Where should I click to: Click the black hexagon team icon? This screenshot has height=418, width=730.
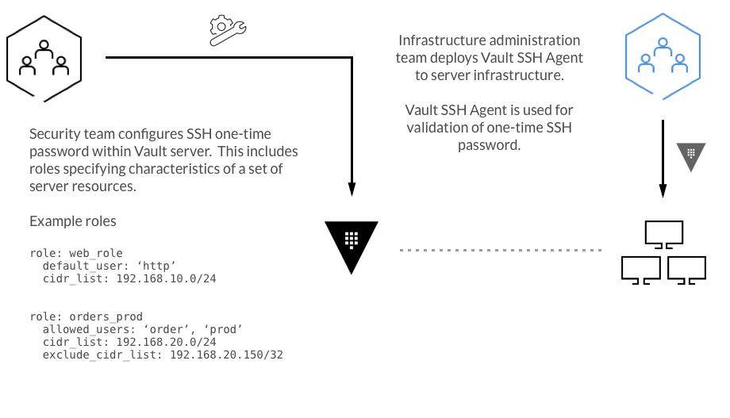pos(43,57)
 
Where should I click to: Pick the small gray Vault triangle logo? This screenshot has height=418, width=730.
pos(690,155)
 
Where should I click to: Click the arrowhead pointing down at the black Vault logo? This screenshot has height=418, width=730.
pos(351,188)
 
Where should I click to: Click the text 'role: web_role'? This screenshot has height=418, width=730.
pos(76,253)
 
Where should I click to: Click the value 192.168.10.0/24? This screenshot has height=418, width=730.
pos(167,278)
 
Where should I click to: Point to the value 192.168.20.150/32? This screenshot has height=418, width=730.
pos(226,355)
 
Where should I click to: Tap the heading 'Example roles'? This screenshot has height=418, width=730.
pos(73,221)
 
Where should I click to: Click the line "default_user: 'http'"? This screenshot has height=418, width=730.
pos(109,266)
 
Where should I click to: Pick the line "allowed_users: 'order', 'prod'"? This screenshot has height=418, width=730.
pos(142,329)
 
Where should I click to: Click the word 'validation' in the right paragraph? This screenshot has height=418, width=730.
pos(439,128)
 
